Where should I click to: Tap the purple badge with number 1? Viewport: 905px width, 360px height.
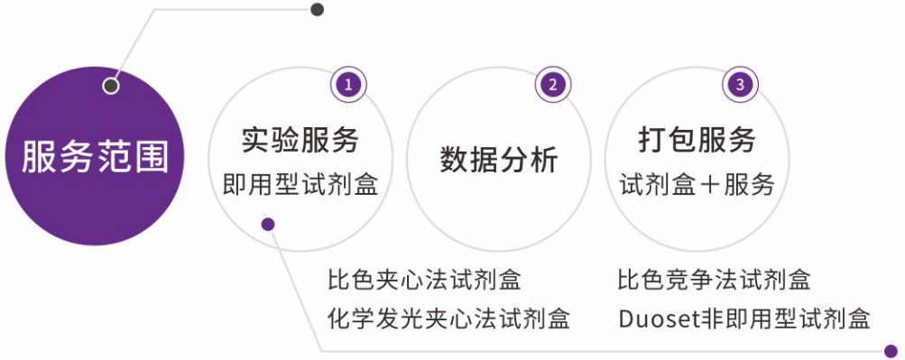pos(348,85)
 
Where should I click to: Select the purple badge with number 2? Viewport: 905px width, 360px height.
pos(552,85)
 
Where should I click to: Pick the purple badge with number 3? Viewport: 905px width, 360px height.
pos(741,85)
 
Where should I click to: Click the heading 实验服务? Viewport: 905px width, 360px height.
pos(300,140)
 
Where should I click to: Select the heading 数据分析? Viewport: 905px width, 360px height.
pos(499,160)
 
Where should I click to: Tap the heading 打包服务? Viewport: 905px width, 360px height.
pos(697,140)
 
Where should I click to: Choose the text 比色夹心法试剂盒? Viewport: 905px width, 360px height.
pos(424,280)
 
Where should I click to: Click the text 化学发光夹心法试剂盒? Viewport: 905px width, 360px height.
pos(448,318)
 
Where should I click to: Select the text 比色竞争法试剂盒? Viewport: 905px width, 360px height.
pos(714,280)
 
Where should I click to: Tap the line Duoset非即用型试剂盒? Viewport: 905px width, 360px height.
pos(744,318)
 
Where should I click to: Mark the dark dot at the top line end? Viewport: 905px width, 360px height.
pos(317,9)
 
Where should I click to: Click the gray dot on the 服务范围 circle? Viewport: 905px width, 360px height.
pos(111,87)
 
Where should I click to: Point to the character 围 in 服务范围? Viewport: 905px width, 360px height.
pos(152,157)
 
